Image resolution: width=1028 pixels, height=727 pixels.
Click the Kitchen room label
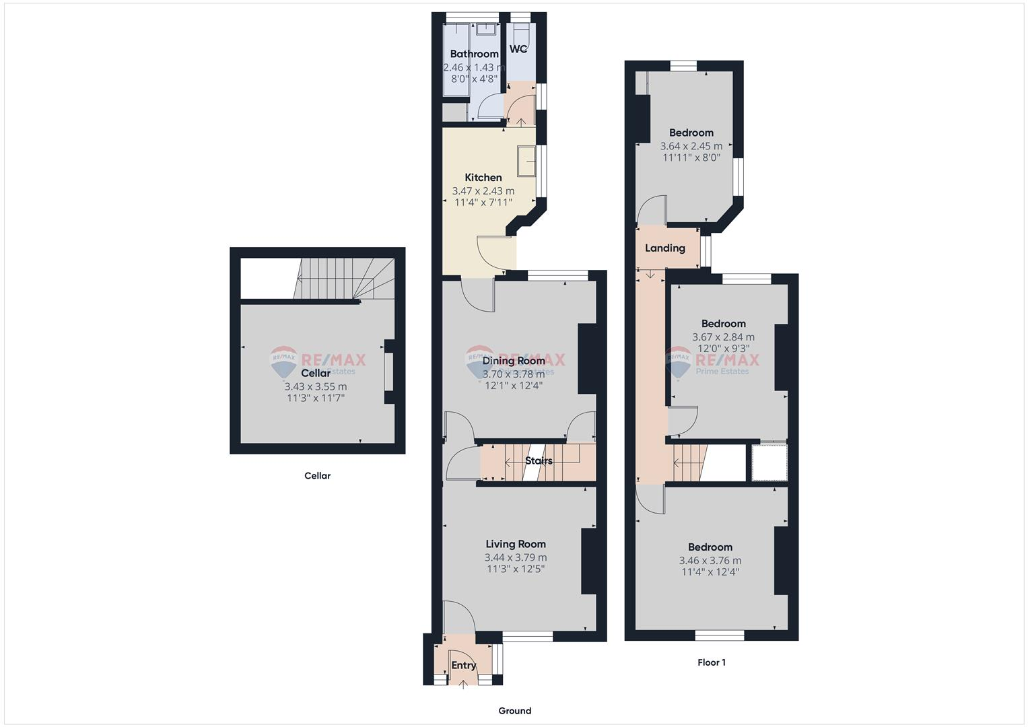483,178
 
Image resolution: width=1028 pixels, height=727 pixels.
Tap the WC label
518,49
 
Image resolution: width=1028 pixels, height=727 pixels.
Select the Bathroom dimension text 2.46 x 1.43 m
474,67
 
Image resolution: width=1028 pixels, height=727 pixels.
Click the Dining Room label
514,361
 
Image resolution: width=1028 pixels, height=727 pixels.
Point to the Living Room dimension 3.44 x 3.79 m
515,557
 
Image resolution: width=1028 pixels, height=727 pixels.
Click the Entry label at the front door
463,665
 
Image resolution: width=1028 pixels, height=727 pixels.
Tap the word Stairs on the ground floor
539,461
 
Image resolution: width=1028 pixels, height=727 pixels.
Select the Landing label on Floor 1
664,248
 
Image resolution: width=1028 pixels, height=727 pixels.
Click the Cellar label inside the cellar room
316,373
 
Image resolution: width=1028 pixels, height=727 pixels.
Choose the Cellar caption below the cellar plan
317,476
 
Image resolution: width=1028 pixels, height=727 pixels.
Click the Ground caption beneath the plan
514,711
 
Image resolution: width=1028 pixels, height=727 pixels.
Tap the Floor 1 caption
711,662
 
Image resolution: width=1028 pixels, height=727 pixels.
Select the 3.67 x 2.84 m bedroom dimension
723,337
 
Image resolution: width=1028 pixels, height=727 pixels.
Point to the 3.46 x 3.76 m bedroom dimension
710,560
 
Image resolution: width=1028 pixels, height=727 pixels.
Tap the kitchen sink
526,161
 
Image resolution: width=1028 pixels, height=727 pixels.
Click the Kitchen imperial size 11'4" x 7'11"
483,202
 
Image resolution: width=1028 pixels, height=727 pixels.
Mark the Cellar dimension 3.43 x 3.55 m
316,386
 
